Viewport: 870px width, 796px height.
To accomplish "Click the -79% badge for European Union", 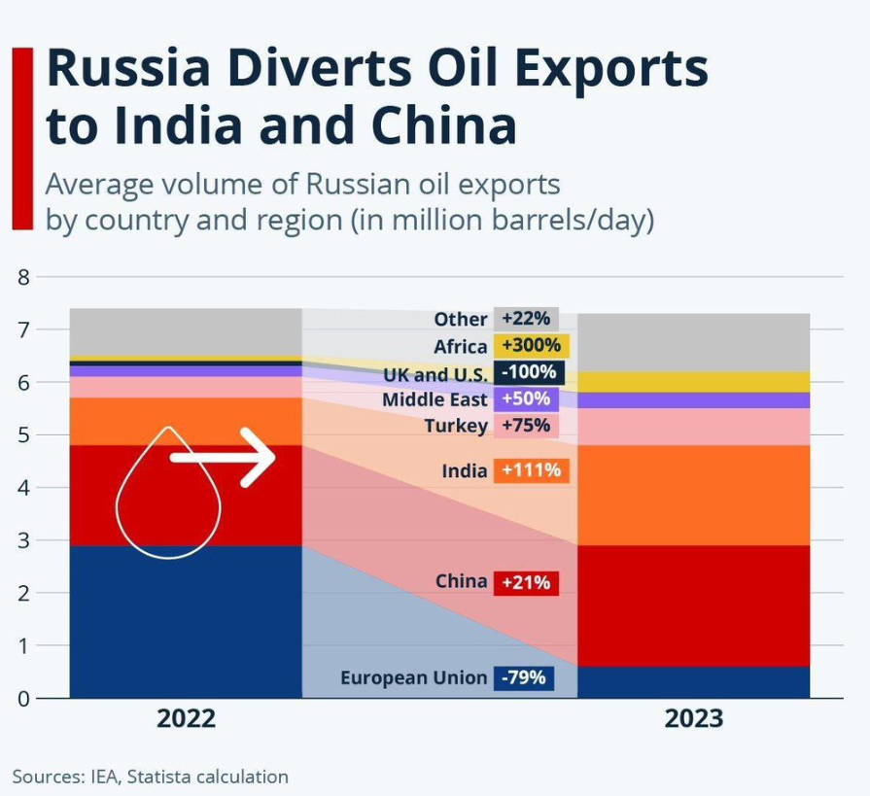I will click(x=524, y=677).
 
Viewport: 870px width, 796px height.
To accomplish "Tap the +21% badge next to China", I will click(x=526, y=582).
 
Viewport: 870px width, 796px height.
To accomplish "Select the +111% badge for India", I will click(x=530, y=470).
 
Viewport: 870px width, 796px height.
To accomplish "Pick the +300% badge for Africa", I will click(x=531, y=346).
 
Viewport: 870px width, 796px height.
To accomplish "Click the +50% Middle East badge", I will click(x=525, y=398).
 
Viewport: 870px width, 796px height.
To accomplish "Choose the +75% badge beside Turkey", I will click(x=526, y=425).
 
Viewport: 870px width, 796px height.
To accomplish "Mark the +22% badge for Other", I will click(x=526, y=319).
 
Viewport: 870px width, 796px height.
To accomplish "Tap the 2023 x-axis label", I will click(x=693, y=718).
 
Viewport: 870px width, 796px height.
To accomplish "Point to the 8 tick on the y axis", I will click(x=23, y=277).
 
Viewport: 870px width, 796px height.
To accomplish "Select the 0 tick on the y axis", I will click(x=23, y=698).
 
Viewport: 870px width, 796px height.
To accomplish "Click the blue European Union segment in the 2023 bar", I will click(x=693, y=681).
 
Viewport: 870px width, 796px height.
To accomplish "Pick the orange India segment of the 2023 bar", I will click(x=693, y=495).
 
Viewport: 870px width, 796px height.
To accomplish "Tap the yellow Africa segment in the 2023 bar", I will click(x=693, y=381).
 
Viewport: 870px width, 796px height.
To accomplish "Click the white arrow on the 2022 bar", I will click(x=224, y=456).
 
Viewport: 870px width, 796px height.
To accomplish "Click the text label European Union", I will click(x=413, y=677).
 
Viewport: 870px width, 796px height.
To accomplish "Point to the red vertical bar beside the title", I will click(x=22, y=137).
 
